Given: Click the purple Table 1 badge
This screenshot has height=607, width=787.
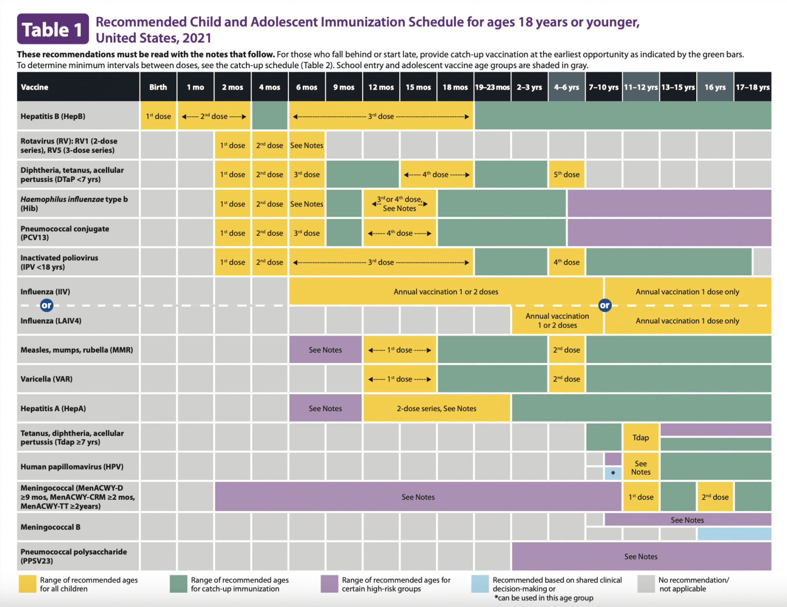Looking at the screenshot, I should click(53, 29).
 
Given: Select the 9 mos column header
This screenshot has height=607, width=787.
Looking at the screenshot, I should click(344, 87).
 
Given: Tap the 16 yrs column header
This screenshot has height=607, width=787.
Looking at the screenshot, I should click(715, 87).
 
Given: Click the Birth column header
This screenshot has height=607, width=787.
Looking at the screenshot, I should click(158, 87).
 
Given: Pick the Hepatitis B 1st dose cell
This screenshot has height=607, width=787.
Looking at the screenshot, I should click(158, 116).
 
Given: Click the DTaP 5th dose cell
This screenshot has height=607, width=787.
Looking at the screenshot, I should click(566, 174).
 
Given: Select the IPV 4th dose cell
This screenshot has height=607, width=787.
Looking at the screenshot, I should click(566, 262).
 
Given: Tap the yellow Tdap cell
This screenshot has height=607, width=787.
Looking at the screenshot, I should click(640, 437).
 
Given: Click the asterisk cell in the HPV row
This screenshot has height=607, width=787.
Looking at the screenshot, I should click(613, 473).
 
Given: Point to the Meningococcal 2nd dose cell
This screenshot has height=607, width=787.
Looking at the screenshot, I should click(715, 497).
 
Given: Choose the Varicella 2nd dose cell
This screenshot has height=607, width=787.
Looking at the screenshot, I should click(566, 379).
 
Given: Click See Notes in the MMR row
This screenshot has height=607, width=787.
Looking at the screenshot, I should click(325, 350).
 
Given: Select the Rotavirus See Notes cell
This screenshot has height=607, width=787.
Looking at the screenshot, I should click(306, 146).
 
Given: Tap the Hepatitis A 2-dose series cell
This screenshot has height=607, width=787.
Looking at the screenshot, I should click(437, 408).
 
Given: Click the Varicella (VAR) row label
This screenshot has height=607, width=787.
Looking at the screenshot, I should click(47, 379).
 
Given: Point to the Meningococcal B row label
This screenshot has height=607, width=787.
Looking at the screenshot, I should click(50, 527).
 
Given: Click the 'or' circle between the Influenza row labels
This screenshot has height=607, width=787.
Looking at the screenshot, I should click(47, 306).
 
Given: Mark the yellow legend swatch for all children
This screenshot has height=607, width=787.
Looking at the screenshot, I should click(27, 584).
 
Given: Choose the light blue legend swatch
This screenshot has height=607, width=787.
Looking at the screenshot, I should click(480, 584).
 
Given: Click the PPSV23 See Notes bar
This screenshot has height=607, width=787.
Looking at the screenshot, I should click(641, 556).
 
